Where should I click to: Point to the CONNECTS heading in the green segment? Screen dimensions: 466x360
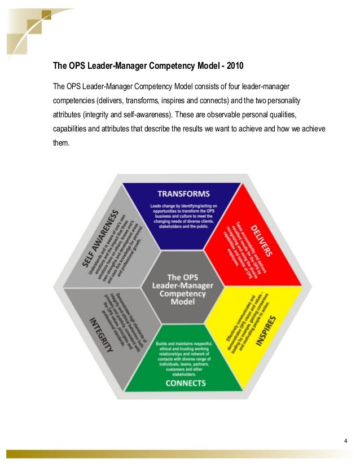click(180, 383)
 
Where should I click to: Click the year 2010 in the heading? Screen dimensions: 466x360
click(233, 66)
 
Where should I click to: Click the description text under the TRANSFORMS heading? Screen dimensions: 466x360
click(179, 218)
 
